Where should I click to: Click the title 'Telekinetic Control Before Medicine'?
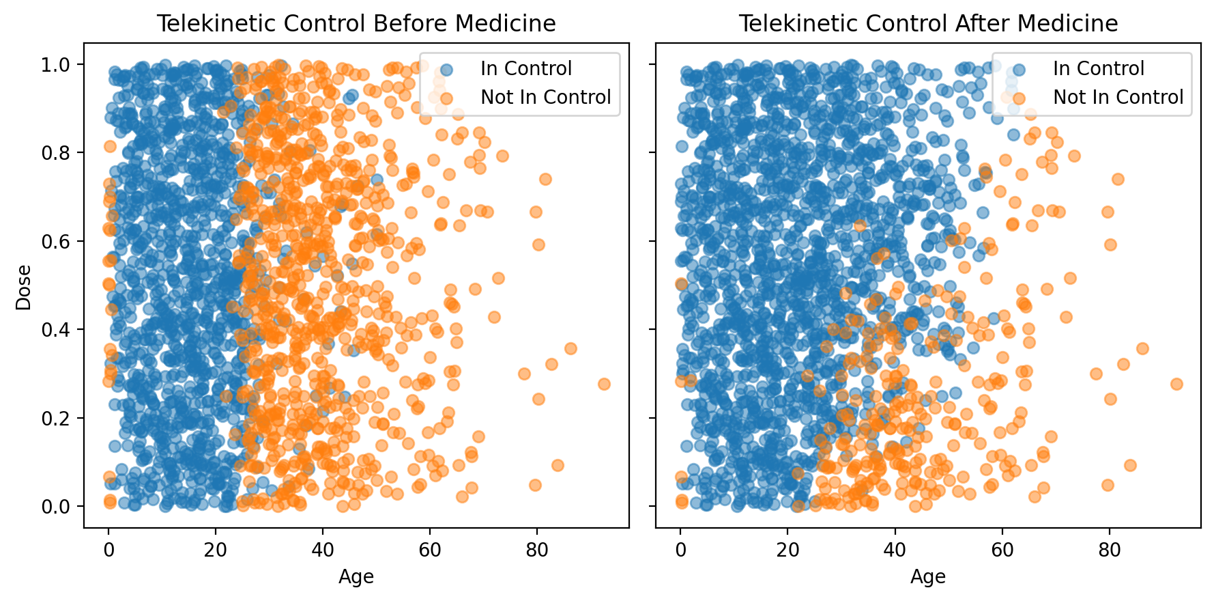point(356,24)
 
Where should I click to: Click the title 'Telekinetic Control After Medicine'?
point(928,24)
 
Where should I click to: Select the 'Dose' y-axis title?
point(24,288)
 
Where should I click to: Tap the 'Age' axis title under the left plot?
point(356,577)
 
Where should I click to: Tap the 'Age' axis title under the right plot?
point(928,577)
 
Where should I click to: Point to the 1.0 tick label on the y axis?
point(56,65)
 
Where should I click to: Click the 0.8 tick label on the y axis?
point(56,153)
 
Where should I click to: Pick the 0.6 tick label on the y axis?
point(56,241)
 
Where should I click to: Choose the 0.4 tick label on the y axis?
point(56,330)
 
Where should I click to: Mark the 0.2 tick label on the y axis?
point(56,418)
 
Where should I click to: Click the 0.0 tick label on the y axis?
point(56,507)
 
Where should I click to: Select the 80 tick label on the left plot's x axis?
point(537,550)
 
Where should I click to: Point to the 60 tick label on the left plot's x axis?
point(430,550)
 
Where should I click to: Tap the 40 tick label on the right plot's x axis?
point(895,550)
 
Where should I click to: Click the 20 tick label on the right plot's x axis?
point(787,550)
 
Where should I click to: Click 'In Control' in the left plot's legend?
point(525,69)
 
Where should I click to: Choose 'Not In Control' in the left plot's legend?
point(545,98)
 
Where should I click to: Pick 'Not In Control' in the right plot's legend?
point(1118,98)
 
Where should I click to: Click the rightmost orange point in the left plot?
point(604,384)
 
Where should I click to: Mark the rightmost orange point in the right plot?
point(1176,384)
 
